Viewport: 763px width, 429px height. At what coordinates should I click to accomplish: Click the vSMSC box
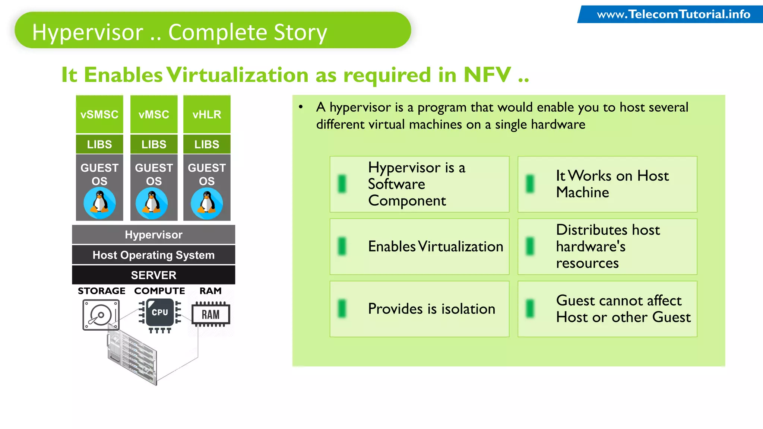[x=99, y=114]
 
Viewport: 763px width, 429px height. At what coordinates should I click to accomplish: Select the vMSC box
[x=154, y=114]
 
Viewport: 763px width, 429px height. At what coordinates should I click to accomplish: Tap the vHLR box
[x=207, y=114]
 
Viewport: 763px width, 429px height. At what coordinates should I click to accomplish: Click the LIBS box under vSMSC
[x=99, y=144]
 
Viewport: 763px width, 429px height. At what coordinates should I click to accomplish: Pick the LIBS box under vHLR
[x=207, y=144]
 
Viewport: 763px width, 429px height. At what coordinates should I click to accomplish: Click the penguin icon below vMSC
[x=152, y=203]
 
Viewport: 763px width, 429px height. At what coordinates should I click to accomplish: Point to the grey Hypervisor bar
[x=153, y=235]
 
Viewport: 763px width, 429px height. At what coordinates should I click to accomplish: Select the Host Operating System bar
[x=153, y=255]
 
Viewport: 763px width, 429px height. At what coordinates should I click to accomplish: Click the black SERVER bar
[x=153, y=275]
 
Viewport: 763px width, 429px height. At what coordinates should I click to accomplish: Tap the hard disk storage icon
[x=101, y=315]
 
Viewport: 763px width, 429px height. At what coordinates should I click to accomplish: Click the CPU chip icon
[x=160, y=313]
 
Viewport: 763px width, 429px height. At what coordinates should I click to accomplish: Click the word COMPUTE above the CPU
[x=159, y=291]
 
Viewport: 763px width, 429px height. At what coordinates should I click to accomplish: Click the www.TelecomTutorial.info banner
[x=673, y=15]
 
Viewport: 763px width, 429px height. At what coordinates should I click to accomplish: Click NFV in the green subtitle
[x=487, y=75]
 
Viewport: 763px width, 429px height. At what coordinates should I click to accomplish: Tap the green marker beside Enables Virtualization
[x=342, y=247]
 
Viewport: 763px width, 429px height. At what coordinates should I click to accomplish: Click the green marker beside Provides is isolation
[x=342, y=309]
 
